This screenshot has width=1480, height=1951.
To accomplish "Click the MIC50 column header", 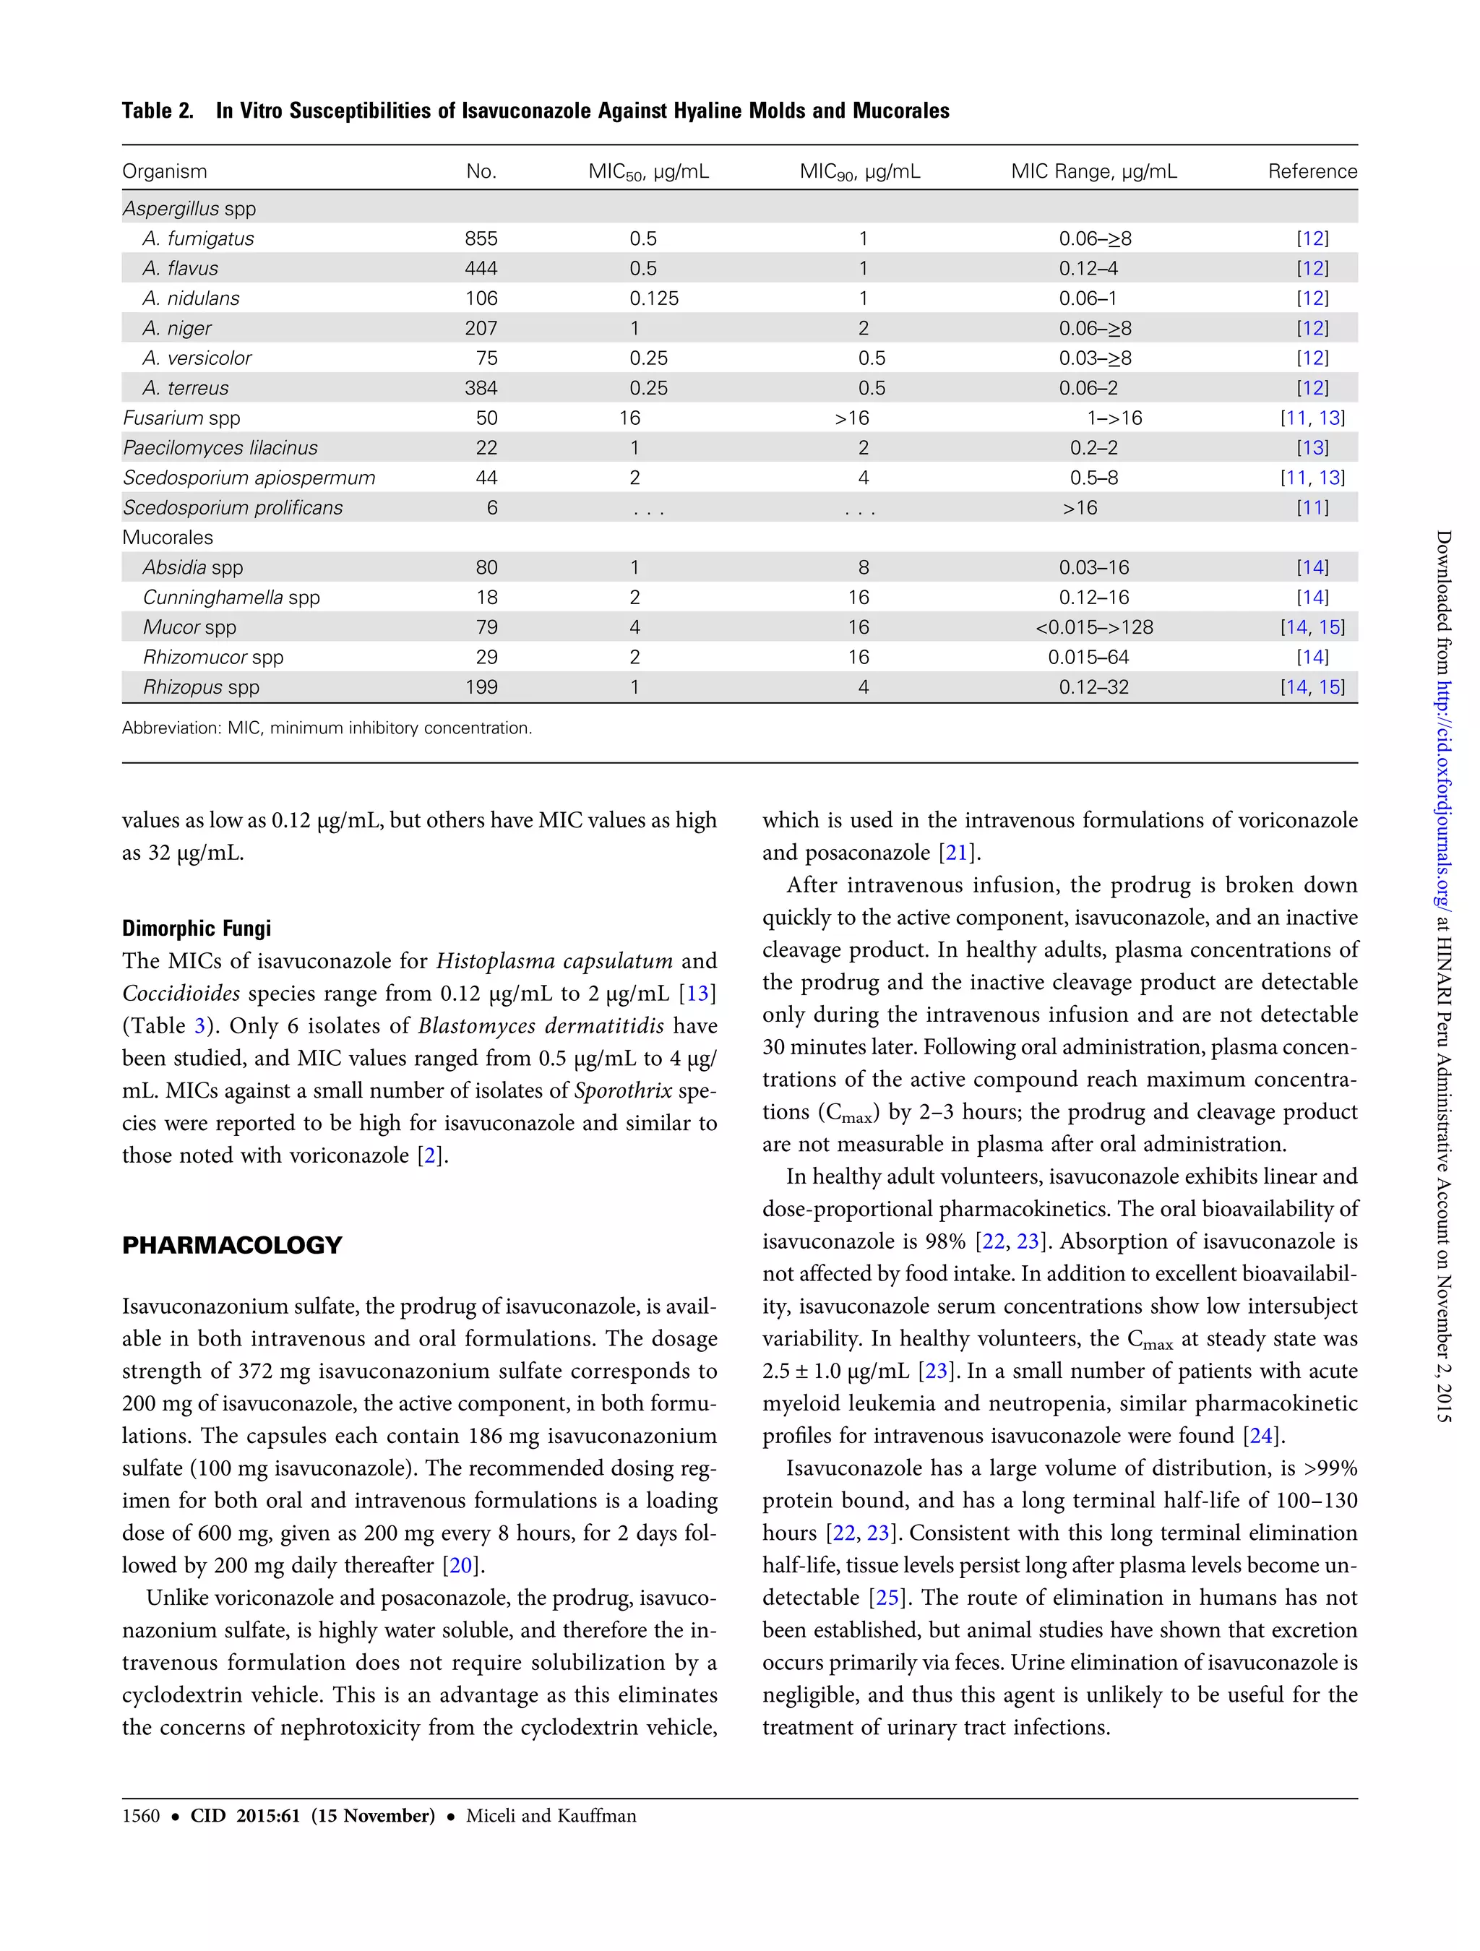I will (648, 172).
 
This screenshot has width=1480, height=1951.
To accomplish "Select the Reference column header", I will (1312, 171).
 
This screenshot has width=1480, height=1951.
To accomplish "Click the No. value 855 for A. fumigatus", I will (481, 238).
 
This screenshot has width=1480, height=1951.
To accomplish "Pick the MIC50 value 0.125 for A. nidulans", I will (653, 298).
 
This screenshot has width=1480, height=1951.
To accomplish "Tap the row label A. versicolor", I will (197, 358).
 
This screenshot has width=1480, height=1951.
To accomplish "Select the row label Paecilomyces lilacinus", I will (220, 448).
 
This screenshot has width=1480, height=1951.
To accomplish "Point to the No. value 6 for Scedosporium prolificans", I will (491, 508).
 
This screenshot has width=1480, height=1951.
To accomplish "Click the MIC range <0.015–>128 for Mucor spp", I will (1093, 627).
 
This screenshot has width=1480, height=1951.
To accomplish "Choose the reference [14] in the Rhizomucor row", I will (1312, 657).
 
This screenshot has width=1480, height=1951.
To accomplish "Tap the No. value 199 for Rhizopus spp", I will (481, 687).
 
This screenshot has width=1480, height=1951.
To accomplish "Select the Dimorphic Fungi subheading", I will (197, 928).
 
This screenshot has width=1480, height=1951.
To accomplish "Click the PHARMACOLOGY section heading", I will (232, 1246).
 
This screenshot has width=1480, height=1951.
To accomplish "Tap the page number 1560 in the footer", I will (141, 1815).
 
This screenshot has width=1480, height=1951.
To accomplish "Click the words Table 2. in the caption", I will (158, 111).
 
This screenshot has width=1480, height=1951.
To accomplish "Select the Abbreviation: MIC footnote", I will (327, 728).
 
